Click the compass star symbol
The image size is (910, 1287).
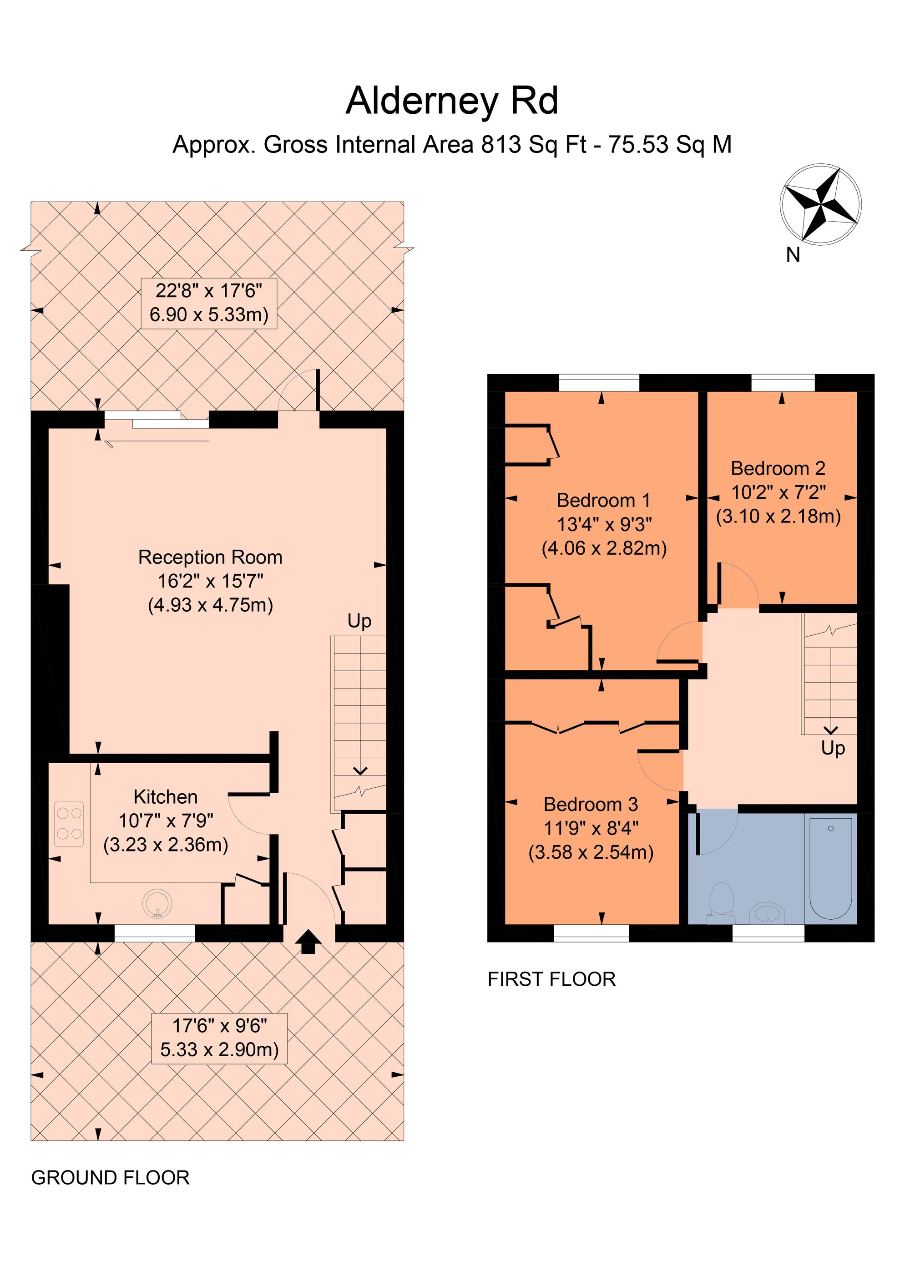[x=820, y=205]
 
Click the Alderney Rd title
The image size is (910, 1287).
[x=452, y=101]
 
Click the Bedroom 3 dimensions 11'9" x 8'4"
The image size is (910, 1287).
[x=591, y=828]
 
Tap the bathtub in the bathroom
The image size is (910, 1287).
[x=830, y=868]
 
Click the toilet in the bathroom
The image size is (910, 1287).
[x=721, y=902]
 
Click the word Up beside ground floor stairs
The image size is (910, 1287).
[x=359, y=621]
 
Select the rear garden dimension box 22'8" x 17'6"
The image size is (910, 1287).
[x=209, y=303]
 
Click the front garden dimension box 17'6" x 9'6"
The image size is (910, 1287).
[x=219, y=1038]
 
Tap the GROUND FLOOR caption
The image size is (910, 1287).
[x=111, y=1178]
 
